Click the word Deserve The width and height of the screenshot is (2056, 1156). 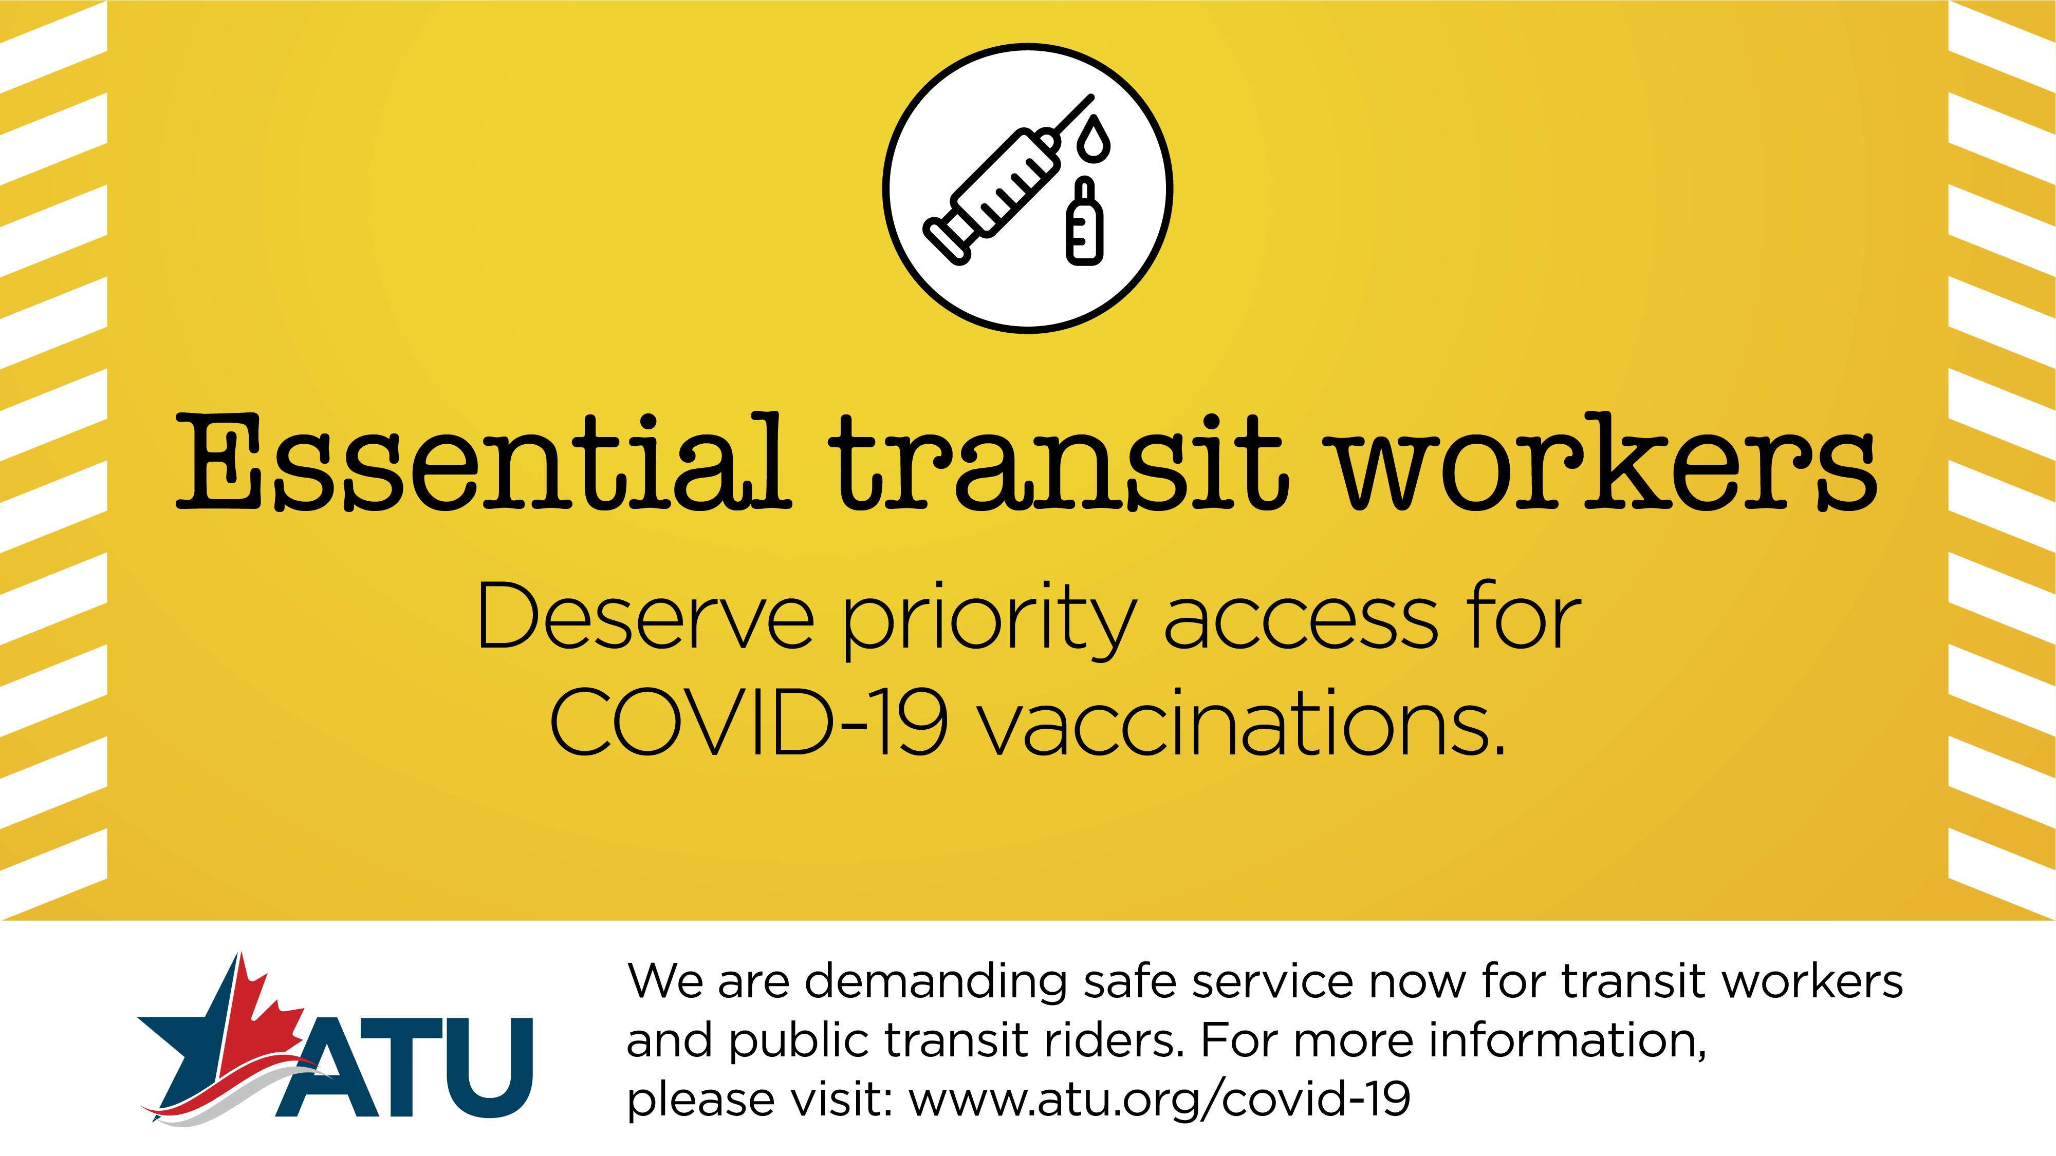[x=645, y=616]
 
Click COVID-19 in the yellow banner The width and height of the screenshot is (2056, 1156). [x=749, y=722]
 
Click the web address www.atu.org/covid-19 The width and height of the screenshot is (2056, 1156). [x=1160, y=1100]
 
